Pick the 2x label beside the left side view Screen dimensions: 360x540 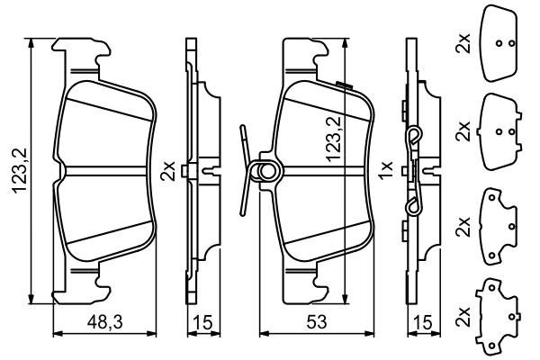[x=166, y=171]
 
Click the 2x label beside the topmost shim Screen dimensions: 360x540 [x=463, y=42]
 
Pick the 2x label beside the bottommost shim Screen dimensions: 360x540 [x=463, y=318]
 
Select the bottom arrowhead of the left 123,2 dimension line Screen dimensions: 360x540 [x=32, y=302]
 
